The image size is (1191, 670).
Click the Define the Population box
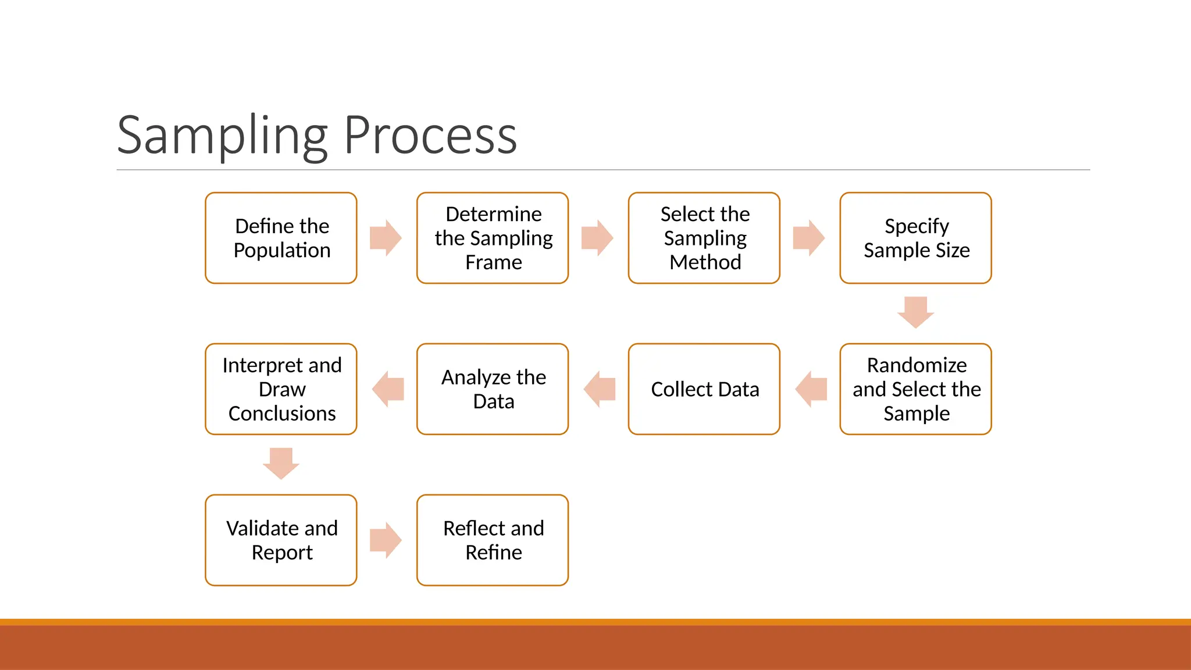click(x=281, y=238)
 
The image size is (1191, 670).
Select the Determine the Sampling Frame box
click(x=493, y=238)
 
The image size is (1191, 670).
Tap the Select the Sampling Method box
click(x=704, y=238)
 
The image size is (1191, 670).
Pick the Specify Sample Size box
click(x=916, y=238)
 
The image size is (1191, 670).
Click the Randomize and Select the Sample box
click(x=916, y=389)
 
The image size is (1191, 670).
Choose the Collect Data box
click(x=704, y=389)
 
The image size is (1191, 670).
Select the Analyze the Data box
click(x=493, y=389)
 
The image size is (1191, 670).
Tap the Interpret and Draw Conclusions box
click(x=281, y=389)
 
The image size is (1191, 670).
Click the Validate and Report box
click(x=281, y=540)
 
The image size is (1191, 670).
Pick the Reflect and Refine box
click(x=493, y=540)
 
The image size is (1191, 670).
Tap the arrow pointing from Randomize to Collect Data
click(x=811, y=389)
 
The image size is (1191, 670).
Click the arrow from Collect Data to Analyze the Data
click(x=599, y=389)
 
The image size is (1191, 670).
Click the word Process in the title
click(x=430, y=136)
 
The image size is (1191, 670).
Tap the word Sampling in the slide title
click(x=223, y=136)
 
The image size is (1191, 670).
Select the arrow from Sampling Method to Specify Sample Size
click(x=809, y=238)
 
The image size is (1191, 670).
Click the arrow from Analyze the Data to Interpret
click(x=387, y=389)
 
